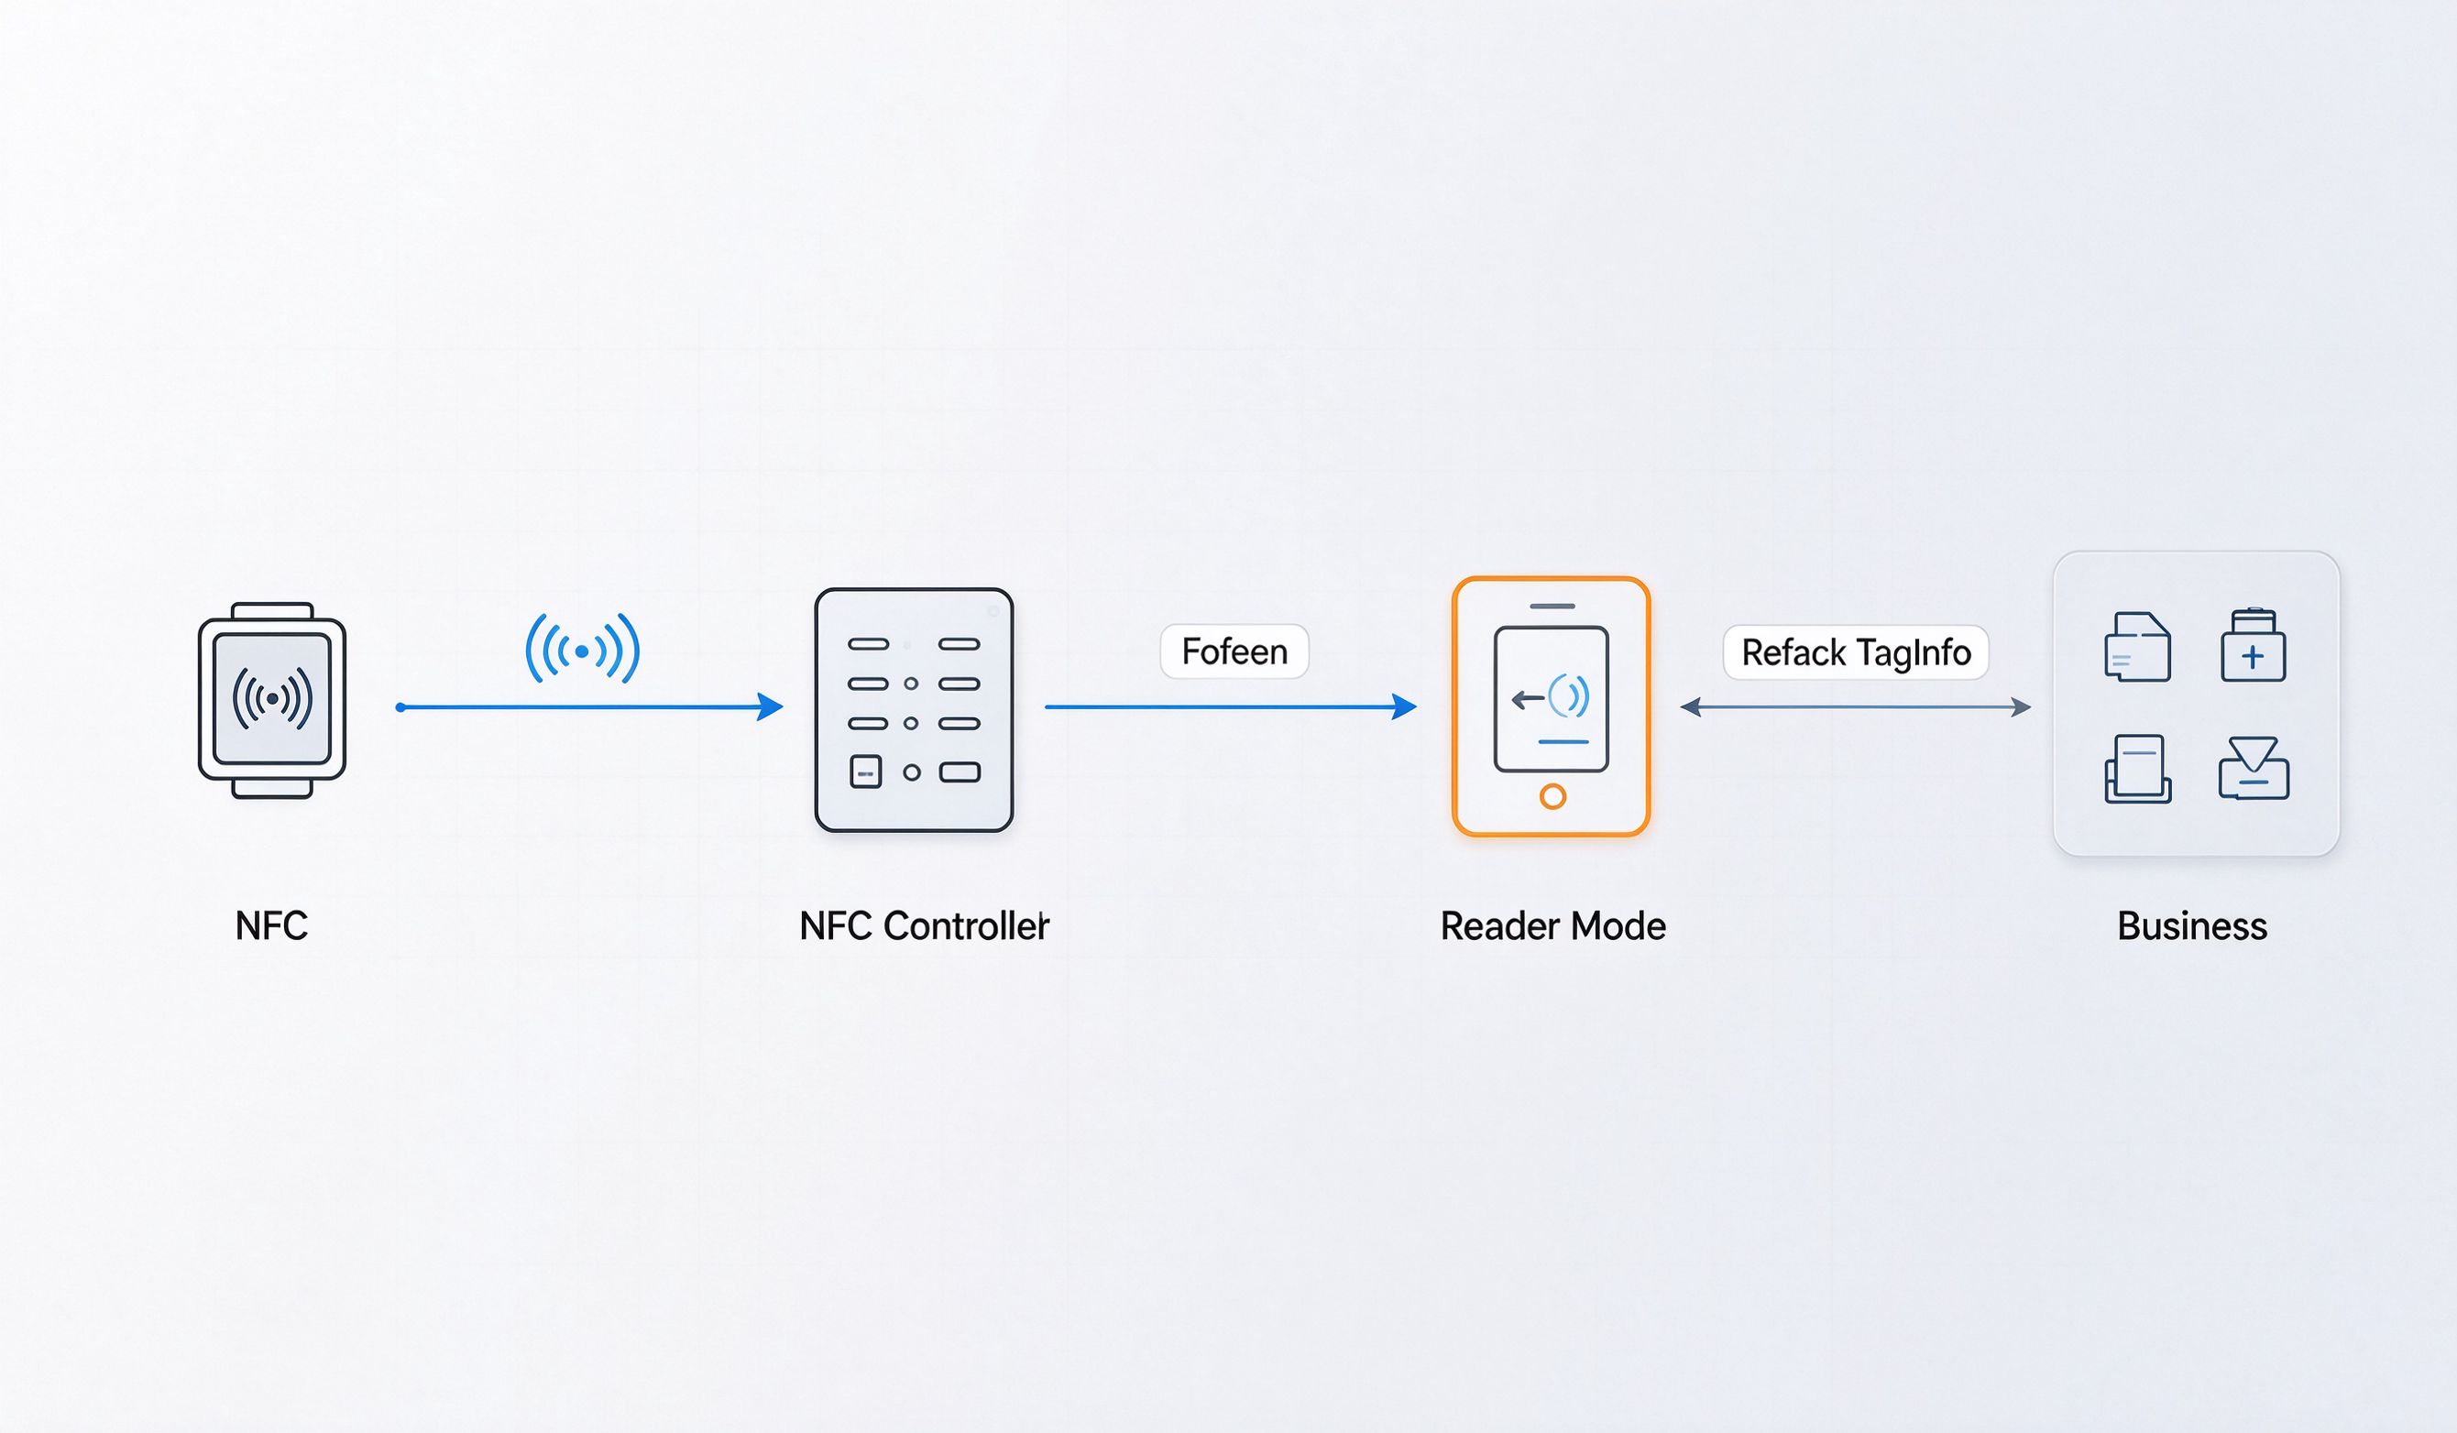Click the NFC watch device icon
click(272, 700)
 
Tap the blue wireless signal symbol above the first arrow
click(582, 650)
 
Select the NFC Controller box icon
click(914, 710)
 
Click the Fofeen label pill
click(1234, 651)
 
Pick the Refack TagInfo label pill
click(1856, 652)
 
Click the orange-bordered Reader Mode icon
click(1552, 706)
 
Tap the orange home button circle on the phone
click(1553, 796)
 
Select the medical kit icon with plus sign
click(2254, 645)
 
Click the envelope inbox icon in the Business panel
click(2254, 768)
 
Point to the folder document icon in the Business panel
click(2137, 646)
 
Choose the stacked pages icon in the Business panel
click(2138, 768)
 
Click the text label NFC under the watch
click(272, 925)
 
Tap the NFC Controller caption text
click(925, 925)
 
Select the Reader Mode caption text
click(1553, 925)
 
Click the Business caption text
click(2193, 925)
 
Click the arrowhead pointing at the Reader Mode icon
click(1404, 706)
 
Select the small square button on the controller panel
click(866, 772)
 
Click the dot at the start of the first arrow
click(400, 706)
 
